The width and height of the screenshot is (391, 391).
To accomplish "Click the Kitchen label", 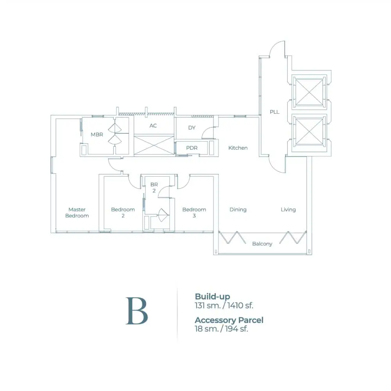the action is click(x=238, y=148).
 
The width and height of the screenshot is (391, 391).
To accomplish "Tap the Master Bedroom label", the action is click(x=77, y=213).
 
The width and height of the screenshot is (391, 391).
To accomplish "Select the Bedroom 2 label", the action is click(x=123, y=213).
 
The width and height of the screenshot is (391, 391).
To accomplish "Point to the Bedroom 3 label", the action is click(x=194, y=213).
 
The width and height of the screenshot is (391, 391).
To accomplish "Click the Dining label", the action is click(x=238, y=210).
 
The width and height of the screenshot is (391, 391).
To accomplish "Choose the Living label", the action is click(x=288, y=210).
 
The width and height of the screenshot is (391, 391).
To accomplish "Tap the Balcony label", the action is click(x=262, y=244).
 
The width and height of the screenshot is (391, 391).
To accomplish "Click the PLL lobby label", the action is click(x=274, y=112).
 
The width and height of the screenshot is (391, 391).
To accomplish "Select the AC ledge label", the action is click(x=153, y=126).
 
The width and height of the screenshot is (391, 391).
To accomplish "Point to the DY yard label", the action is click(x=192, y=128).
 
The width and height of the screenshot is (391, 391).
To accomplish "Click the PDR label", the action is click(x=192, y=148).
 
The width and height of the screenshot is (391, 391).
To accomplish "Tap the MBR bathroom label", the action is click(x=97, y=135).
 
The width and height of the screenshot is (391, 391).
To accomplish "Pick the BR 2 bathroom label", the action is click(x=154, y=188).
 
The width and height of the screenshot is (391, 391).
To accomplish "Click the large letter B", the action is click(x=137, y=311).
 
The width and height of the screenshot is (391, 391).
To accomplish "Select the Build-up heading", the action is click(x=212, y=297).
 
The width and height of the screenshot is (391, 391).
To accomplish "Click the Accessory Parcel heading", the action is click(x=229, y=320).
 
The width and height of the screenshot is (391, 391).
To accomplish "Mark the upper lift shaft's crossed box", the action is click(x=309, y=92).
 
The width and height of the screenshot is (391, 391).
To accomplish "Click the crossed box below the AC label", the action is click(x=154, y=145).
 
